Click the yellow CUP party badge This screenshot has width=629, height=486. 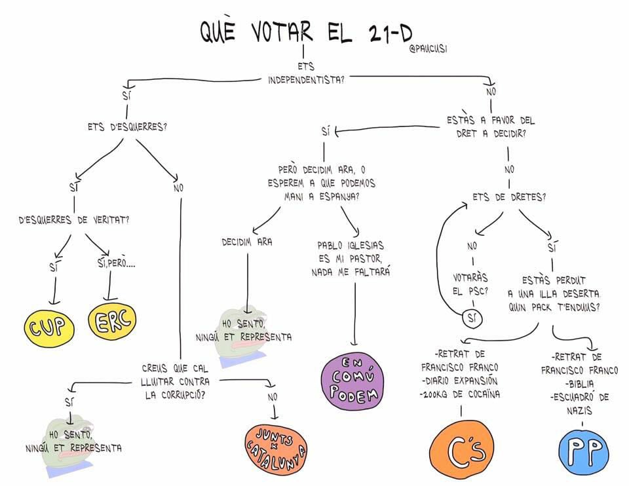(x=47, y=326)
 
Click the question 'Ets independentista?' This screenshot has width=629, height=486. (x=306, y=73)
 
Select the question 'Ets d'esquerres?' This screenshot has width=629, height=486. (x=126, y=127)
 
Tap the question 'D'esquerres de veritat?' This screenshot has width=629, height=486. (x=74, y=219)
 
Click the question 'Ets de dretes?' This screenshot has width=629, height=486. (x=509, y=196)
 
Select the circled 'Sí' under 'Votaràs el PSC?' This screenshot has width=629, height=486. (x=471, y=318)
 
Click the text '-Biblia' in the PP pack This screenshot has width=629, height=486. (x=577, y=383)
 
